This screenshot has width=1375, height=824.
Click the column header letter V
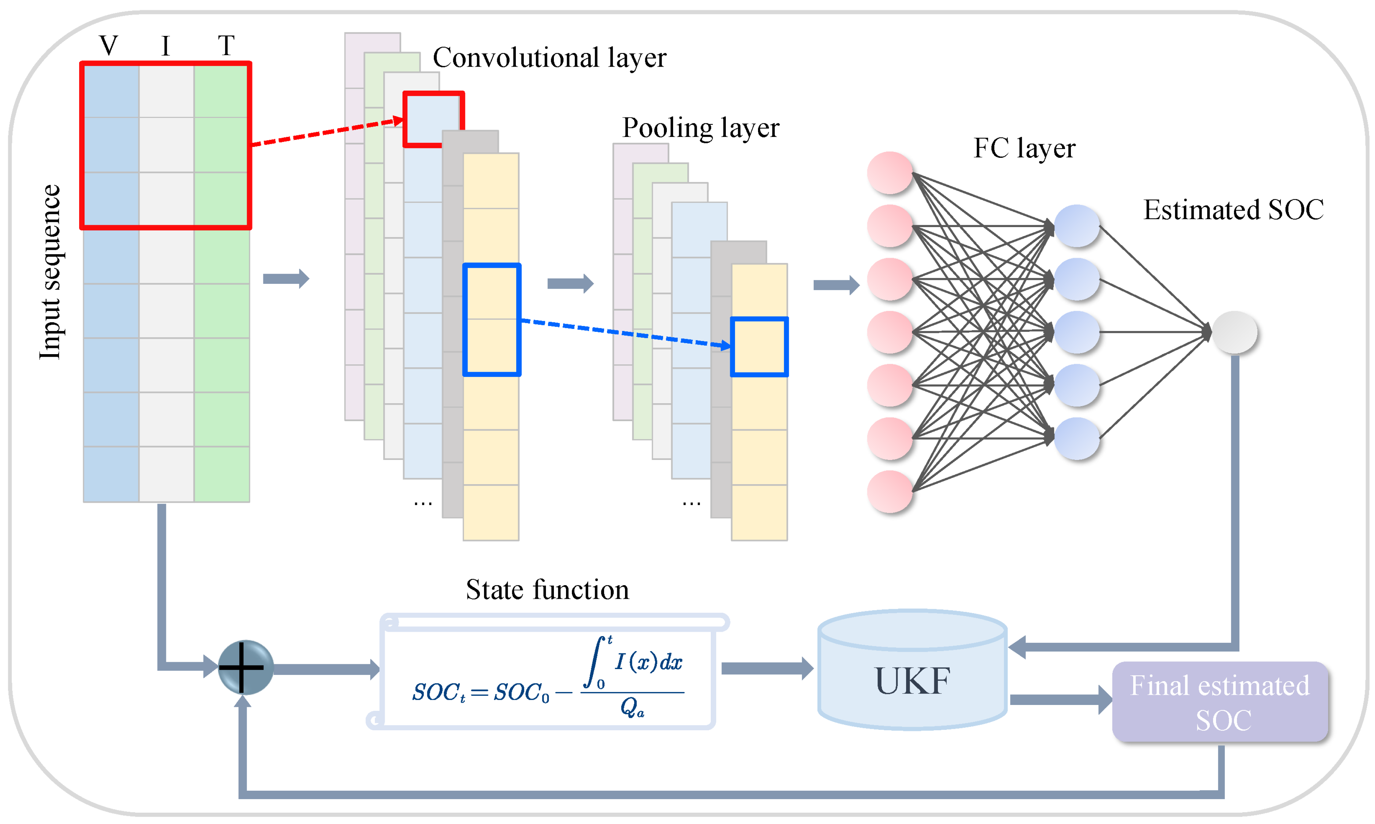coord(109,45)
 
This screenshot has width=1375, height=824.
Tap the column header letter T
coord(226,45)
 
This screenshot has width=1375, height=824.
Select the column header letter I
coord(166,45)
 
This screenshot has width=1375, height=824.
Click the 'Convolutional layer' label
coord(549,58)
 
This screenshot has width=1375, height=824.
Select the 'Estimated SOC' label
coord(1233,210)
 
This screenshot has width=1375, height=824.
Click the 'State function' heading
coord(547,590)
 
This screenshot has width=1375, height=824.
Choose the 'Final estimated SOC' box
coord(1220,702)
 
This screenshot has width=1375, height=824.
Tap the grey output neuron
coord(1235,332)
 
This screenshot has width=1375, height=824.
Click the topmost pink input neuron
coord(890,173)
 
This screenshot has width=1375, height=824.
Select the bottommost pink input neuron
coord(890,491)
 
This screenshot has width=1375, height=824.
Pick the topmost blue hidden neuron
coord(1077,226)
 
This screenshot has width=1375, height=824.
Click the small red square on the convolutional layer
coord(433,119)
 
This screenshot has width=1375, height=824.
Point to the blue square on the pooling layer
coord(759,346)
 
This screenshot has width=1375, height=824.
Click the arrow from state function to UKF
coord(767,668)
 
